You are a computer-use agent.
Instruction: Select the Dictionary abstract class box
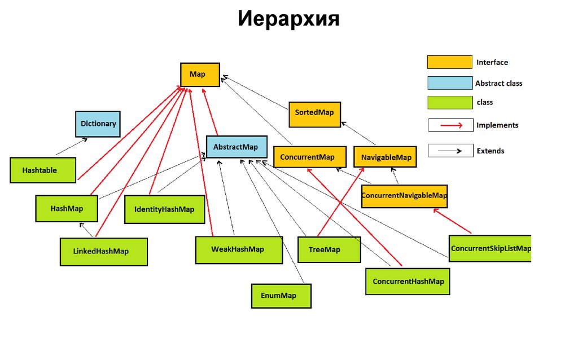pyautogui.click(x=98, y=124)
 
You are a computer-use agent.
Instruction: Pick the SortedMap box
pyautogui.click(x=314, y=113)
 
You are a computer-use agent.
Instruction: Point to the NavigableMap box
pyautogui.click(x=386, y=157)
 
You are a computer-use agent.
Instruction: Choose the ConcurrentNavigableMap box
pyautogui.click(x=404, y=196)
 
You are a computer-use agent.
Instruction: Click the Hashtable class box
pyautogui.click(x=43, y=170)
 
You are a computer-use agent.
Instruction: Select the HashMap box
pyautogui.click(x=67, y=209)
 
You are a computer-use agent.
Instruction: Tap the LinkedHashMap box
pyautogui.click(x=104, y=252)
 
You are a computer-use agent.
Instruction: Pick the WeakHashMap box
pyautogui.click(x=238, y=250)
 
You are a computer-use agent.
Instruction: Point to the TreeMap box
pyautogui.click(x=329, y=250)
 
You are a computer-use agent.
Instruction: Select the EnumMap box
pyautogui.click(x=281, y=296)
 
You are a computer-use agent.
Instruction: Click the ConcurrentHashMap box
pyautogui.click(x=408, y=282)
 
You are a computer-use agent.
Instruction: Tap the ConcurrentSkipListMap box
pyautogui.click(x=490, y=248)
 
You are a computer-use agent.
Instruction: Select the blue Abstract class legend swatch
pyautogui.click(x=449, y=84)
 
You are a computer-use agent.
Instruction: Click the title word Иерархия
pyautogui.click(x=288, y=20)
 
